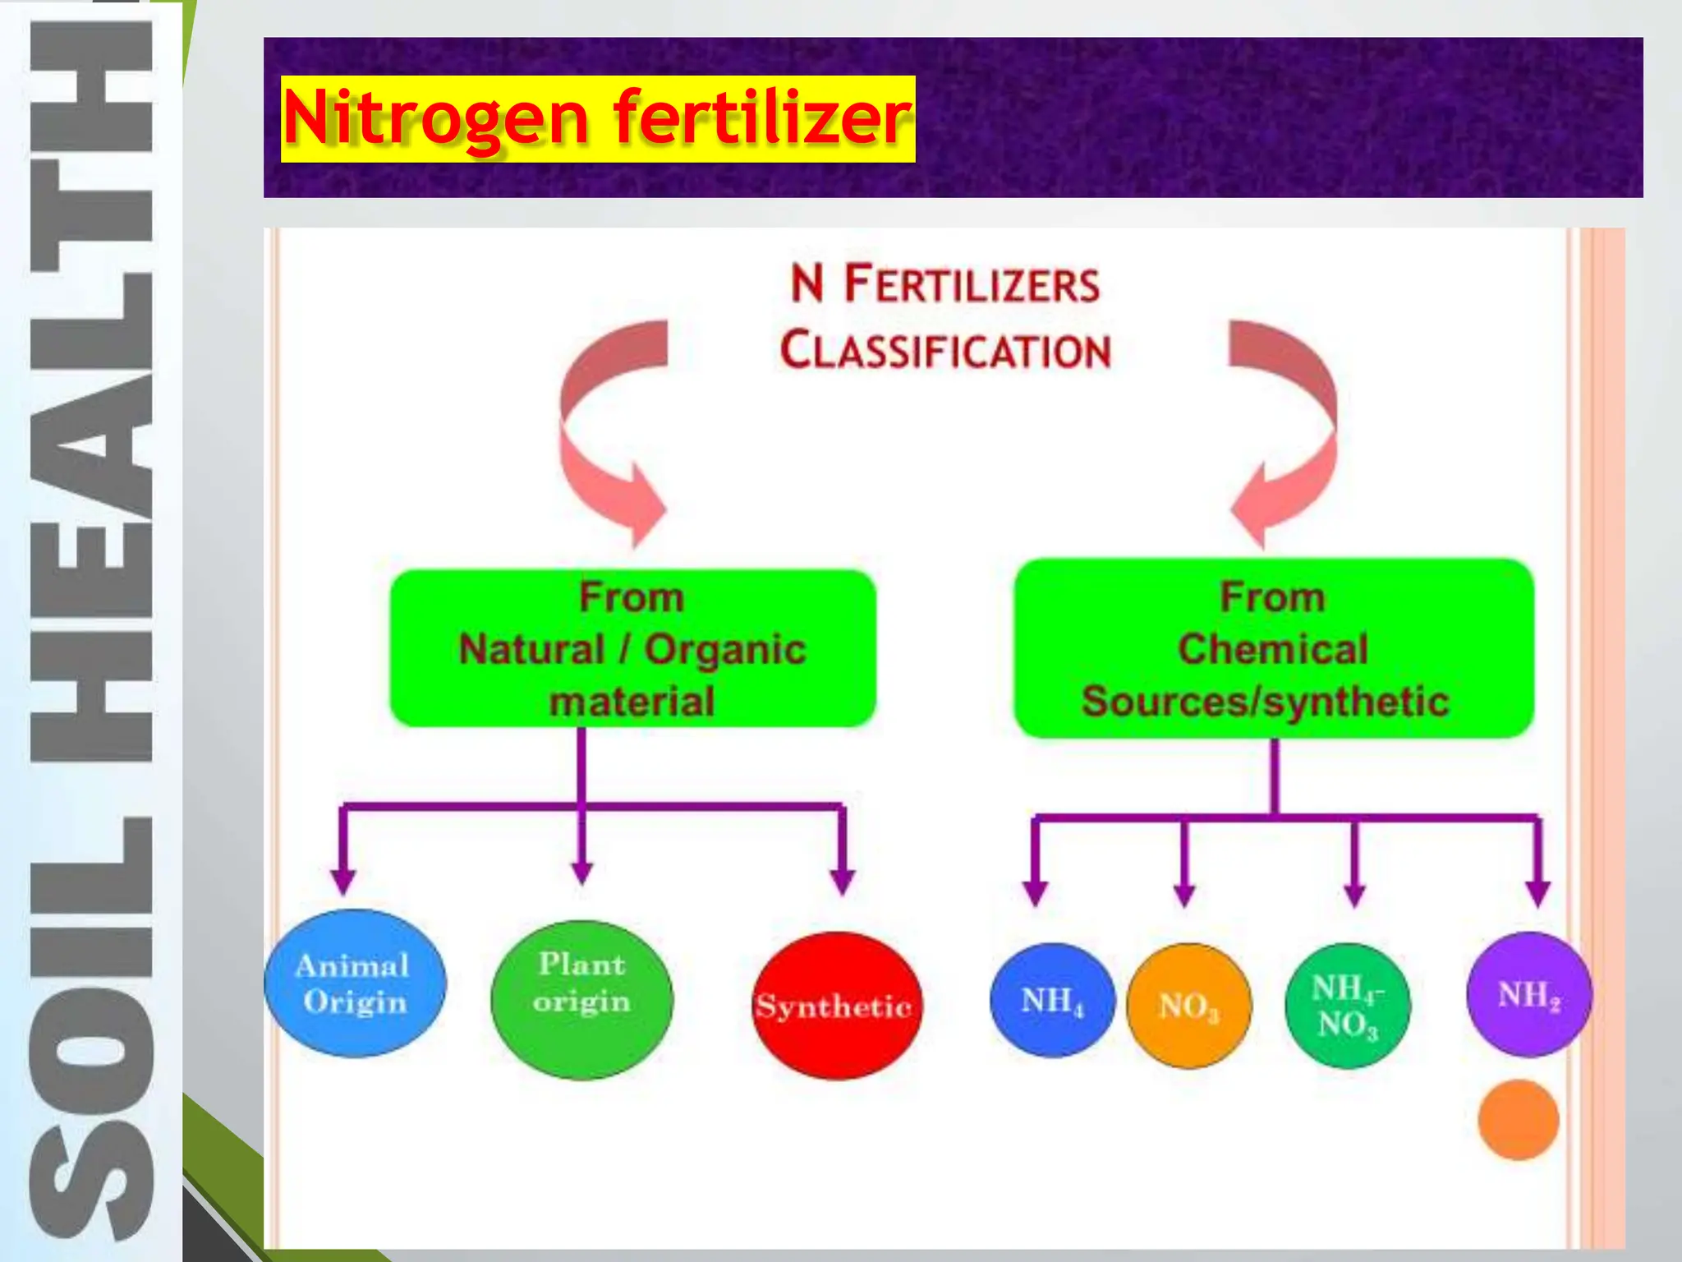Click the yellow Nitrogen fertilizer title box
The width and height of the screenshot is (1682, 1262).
(x=597, y=118)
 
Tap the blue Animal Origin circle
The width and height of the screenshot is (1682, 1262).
(x=355, y=983)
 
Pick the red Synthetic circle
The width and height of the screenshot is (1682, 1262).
(x=836, y=1006)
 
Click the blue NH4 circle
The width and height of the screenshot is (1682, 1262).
(x=1052, y=1001)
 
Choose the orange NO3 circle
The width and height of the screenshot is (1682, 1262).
(x=1188, y=1006)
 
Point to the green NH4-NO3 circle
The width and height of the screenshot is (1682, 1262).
(x=1347, y=1006)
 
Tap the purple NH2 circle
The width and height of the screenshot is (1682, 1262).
(x=1528, y=994)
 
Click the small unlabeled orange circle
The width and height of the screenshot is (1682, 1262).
(x=1518, y=1120)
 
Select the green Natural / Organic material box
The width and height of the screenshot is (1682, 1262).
(x=632, y=649)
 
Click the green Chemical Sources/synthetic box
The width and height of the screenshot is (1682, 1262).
(x=1273, y=649)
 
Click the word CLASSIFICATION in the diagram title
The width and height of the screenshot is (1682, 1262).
(x=944, y=351)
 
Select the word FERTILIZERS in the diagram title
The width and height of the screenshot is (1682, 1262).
(x=972, y=285)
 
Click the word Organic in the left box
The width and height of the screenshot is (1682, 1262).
(x=724, y=649)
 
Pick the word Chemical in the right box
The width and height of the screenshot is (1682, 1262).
(x=1273, y=649)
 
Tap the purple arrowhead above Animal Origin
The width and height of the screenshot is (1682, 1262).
(x=343, y=882)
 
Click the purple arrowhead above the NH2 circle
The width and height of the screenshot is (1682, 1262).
(x=1537, y=892)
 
